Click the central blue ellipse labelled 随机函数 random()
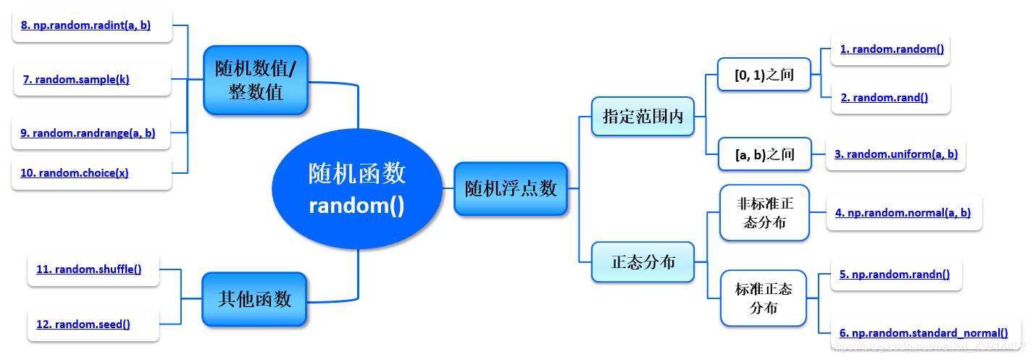click(x=356, y=188)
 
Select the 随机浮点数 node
click(x=511, y=188)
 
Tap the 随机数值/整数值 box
click(x=256, y=80)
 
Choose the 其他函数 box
click(x=255, y=298)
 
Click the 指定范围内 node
click(x=643, y=117)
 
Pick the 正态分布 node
click(x=643, y=261)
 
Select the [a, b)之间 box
click(x=764, y=154)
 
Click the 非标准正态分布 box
click(x=764, y=213)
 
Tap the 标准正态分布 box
click(x=764, y=298)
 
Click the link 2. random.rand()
click(x=884, y=98)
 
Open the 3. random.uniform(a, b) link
click(x=896, y=154)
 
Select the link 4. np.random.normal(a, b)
click(x=903, y=213)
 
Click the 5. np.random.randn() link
click(x=895, y=275)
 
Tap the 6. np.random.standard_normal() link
click(x=924, y=333)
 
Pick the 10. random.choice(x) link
click(x=83, y=173)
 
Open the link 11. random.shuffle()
click(x=88, y=269)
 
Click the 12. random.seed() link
click(x=83, y=325)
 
